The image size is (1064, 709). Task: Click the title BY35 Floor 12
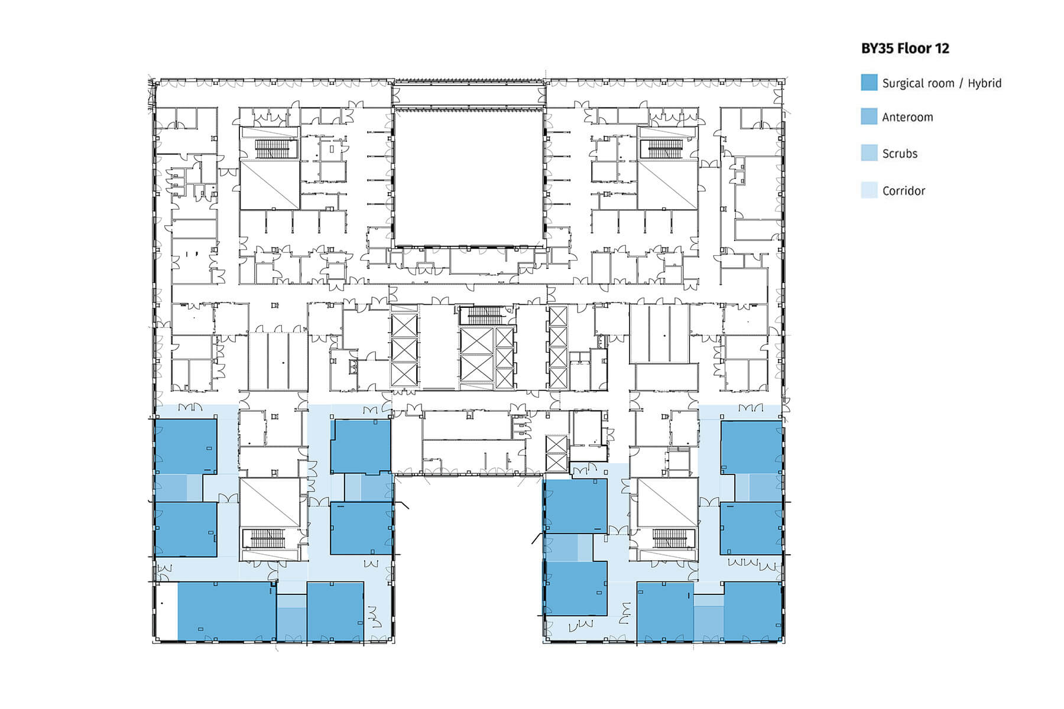click(x=905, y=48)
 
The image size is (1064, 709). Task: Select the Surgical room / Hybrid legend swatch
click(x=869, y=83)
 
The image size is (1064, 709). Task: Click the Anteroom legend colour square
click(x=869, y=116)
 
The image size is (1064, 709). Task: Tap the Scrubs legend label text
click(x=900, y=154)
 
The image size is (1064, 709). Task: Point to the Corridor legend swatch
click(x=869, y=190)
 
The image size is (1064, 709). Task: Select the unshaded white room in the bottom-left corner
click(x=166, y=611)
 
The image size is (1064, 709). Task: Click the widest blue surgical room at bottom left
click(x=227, y=611)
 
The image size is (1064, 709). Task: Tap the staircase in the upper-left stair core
click(x=270, y=149)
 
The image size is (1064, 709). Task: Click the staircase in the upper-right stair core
click(x=667, y=149)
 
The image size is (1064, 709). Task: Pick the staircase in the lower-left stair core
click(x=270, y=538)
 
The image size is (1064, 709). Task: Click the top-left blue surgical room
click(x=185, y=446)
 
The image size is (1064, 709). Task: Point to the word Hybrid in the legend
click(x=984, y=83)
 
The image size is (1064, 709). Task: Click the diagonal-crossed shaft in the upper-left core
click(x=270, y=185)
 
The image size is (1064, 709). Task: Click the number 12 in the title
click(x=941, y=48)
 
